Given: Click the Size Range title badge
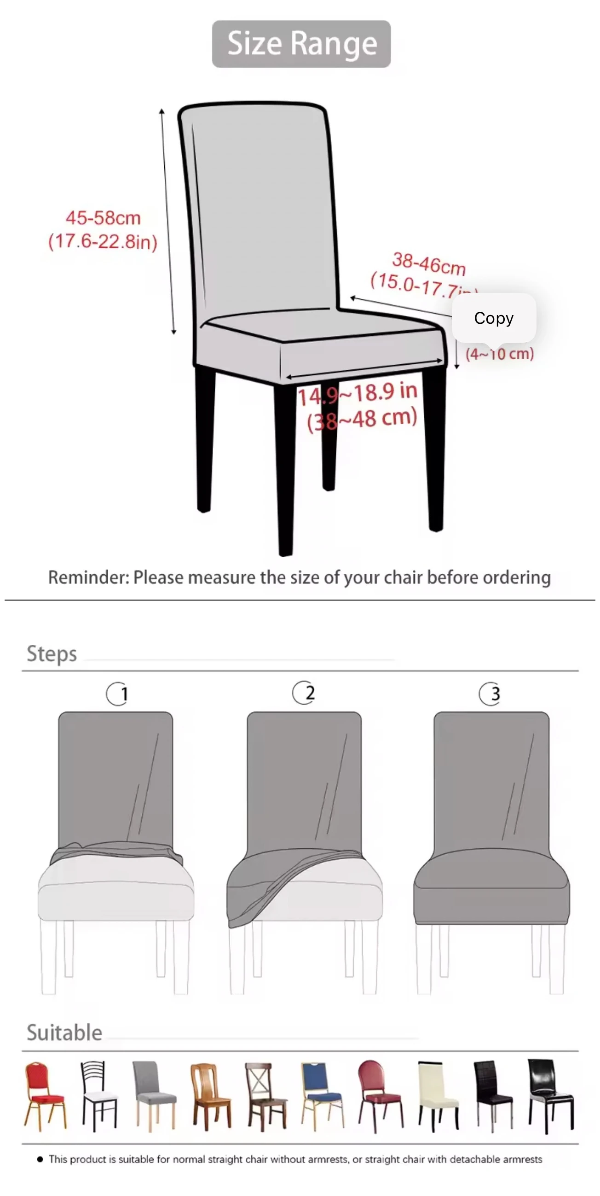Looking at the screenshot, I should pyautogui.click(x=301, y=44).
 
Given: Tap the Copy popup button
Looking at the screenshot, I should pyautogui.click(x=494, y=318).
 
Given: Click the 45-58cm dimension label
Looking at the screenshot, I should pyautogui.click(x=103, y=218).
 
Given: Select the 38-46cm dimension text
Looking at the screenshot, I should pyautogui.click(x=428, y=263).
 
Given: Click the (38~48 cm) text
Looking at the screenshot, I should pyautogui.click(x=362, y=419).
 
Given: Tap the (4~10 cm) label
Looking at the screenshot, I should pyautogui.click(x=500, y=354).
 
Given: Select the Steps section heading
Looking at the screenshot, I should pyautogui.click(x=52, y=653).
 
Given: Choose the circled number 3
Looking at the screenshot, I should pyautogui.click(x=490, y=694).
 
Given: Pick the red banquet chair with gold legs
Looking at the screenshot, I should pyautogui.click(x=45, y=1095).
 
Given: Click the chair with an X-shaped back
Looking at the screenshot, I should pyautogui.click(x=266, y=1096).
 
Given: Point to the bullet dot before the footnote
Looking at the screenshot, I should pyautogui.click(x=40, y=1159).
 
